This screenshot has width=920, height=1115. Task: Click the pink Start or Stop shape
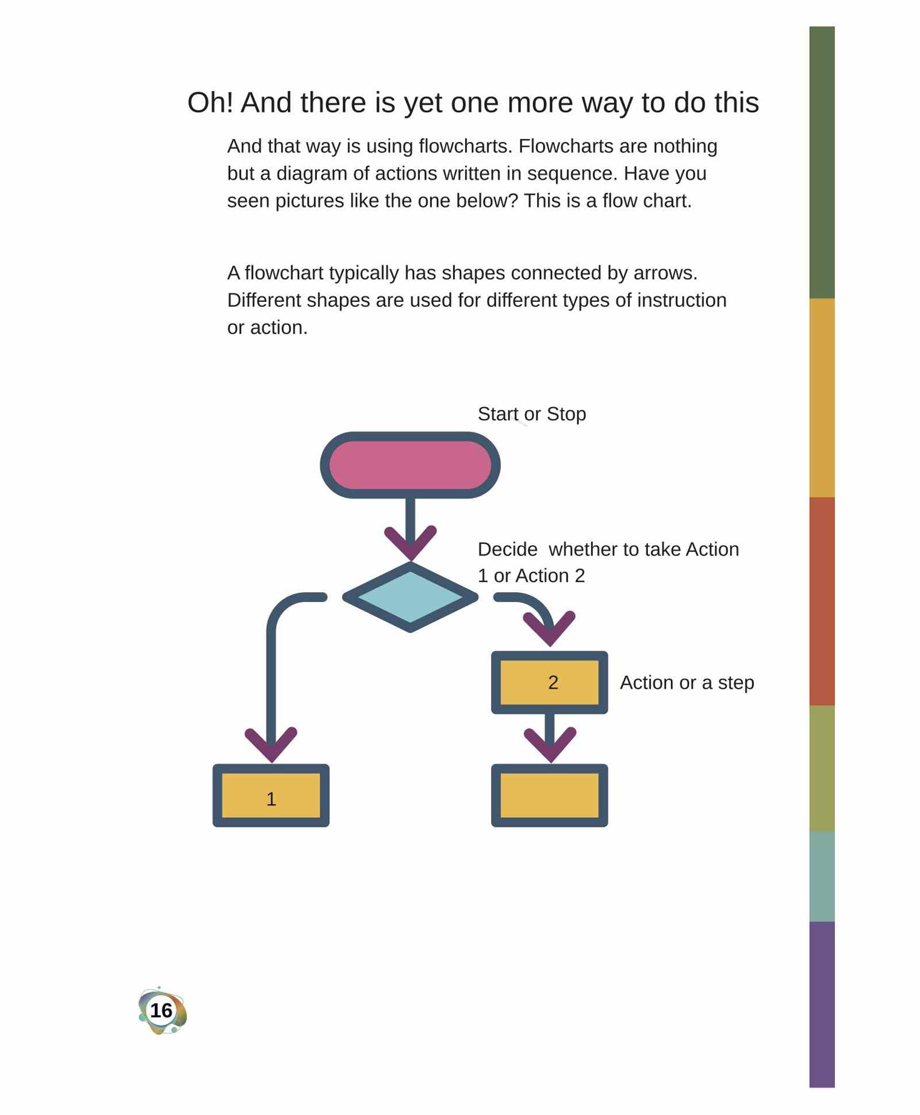(x=410, y=465)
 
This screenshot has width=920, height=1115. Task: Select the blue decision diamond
(x=410, y=597)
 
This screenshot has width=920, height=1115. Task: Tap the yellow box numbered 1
(x=271, y=795)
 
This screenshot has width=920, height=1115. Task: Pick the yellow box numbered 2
(x=549, y=683)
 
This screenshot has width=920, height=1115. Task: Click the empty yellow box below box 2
(x=549, y=795)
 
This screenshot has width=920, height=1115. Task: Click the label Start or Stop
(x=532, y=414)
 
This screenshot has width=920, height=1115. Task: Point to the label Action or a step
(x=687, y=683)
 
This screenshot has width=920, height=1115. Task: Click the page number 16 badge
(x=162, y=1010)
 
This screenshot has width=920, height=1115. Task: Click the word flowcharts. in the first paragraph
(x=465, y=146)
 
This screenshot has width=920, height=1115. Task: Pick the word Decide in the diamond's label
(x=508, y=549)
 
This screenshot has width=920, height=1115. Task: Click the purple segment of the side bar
(x=822, y=1004)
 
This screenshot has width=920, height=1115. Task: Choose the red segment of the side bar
(x=822, y=601)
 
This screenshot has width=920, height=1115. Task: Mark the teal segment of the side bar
(x=822, y=876)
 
